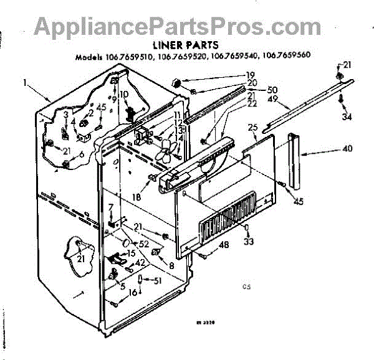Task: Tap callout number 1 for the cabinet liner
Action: tap(26, 82)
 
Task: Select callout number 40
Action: tap(347, 149)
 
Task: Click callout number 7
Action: tap(110, 207)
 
